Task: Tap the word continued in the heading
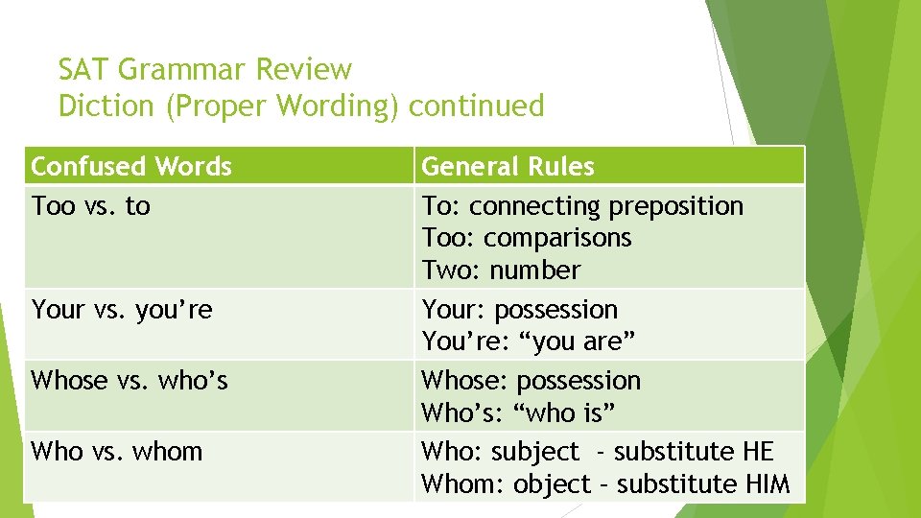[x=476, y=106]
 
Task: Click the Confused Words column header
[x=131, y=167]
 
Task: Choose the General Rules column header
[x=508, y=167]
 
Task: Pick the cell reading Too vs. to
[x=91, y=206]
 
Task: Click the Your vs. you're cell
[x=122, y=310]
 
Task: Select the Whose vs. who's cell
[x=130, y=381]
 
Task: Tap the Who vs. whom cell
[x=117, y=451]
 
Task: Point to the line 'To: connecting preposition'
[x=582, y=206]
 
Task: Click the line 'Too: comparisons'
[x=527, y=238]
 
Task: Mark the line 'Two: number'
[x=501, y=271]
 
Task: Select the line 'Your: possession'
[x=520, y=310]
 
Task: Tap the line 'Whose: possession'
[x=531, y=381]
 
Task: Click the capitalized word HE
[x=758, y=452]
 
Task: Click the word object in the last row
[x=551, y=484]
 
